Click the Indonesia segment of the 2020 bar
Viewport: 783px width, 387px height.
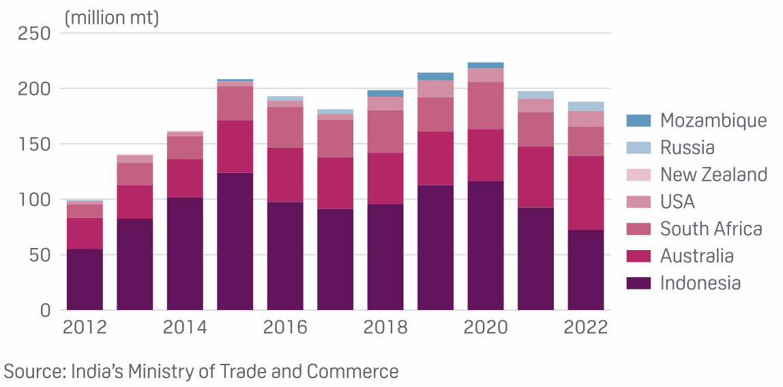pyautogui.click(x=485, y=245)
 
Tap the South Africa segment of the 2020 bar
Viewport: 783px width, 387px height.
pyautogui.click(x=485, y=106)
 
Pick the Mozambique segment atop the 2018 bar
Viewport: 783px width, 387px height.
pyautogui.click(x=385, y=93)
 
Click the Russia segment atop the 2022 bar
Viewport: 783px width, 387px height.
pyautogui.click(x=585, y=106)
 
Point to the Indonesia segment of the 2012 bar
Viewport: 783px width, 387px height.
pyautogui.click(x=85, y=279)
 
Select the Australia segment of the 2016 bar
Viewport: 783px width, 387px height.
pyautogui.click(x=285, y=175)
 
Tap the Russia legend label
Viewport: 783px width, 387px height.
pyautogui.click(x=688, y=148)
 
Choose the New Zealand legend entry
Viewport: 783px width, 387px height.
pyautogui.click(x=713, y=174)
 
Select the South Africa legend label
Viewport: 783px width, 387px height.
pyautogui.click(x=711, y=229)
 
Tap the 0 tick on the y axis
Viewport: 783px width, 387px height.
pyautogui.click(x=45, y=310)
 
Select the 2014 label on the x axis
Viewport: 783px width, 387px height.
pyautogui.click(x=185, y=328)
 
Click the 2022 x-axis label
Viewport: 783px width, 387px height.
pyautogui.click(x=585, y=328)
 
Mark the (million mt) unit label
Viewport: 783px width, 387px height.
pyautogui.click(x=111, y=18)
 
